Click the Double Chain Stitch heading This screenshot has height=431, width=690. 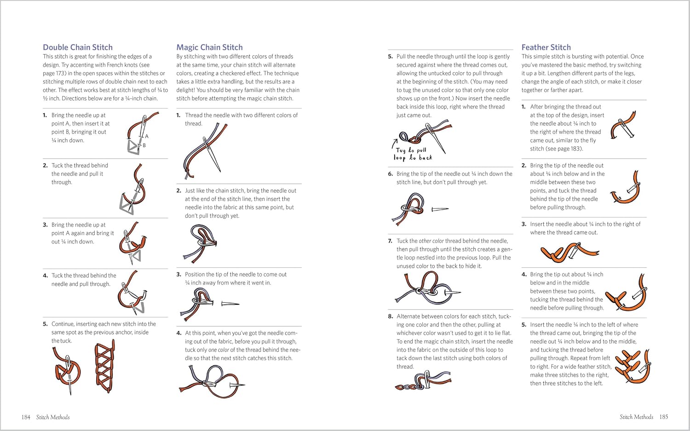[x=77, y=47]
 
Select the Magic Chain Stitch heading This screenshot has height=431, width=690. [x=209, y=47]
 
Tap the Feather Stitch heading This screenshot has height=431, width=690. [x=546, y=47]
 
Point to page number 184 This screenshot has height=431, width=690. [x=26, y=417]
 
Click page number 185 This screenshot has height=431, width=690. [x=663, y=417]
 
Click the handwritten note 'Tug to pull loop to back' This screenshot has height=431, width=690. [x=413, y=154]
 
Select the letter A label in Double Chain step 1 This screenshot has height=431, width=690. [x=147, y=136]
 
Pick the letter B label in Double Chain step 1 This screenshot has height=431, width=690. [x=144, y=145]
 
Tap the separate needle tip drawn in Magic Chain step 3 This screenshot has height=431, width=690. [x=230, y=304]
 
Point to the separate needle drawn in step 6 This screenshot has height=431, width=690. [x=440, y=210]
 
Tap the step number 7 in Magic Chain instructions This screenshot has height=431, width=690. [x=390, y=241]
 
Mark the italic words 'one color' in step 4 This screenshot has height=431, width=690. [x=218, y=350]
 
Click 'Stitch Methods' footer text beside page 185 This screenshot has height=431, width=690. [x=636, y=417]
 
